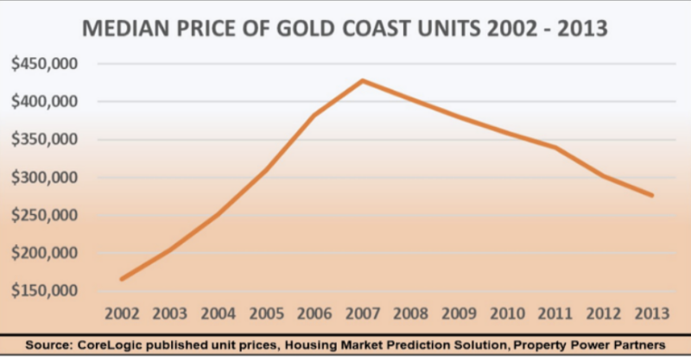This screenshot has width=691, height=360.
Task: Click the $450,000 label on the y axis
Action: [x=42, y=64]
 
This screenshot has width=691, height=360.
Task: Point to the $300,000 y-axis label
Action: [x=42, y=178]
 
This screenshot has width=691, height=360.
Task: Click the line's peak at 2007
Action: [x=362, y=80]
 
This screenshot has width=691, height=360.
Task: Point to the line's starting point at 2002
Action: [x=122, y=279]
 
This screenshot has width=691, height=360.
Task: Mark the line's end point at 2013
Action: [x=651, y=196]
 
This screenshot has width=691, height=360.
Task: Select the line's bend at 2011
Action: [x=555, y=148]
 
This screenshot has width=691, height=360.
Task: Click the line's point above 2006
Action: [x=314, y=115]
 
